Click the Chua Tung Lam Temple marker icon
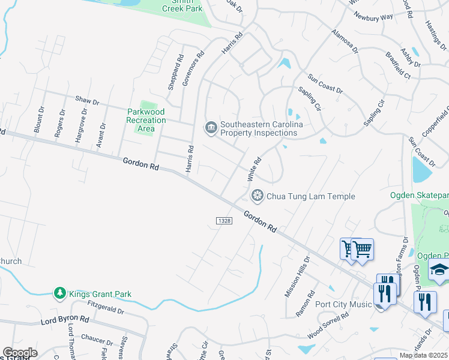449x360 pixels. tap(258, 196)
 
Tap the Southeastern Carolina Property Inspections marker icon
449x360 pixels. tap(211, 128)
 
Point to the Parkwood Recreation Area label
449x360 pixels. tap(146, 120)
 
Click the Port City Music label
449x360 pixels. tap(343, 304)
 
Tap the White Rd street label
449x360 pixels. tap(255, 169)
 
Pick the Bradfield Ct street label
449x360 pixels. tap(398, 68)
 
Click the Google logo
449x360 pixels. tap(20, 353)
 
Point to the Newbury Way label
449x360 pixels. tap(373, 17)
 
